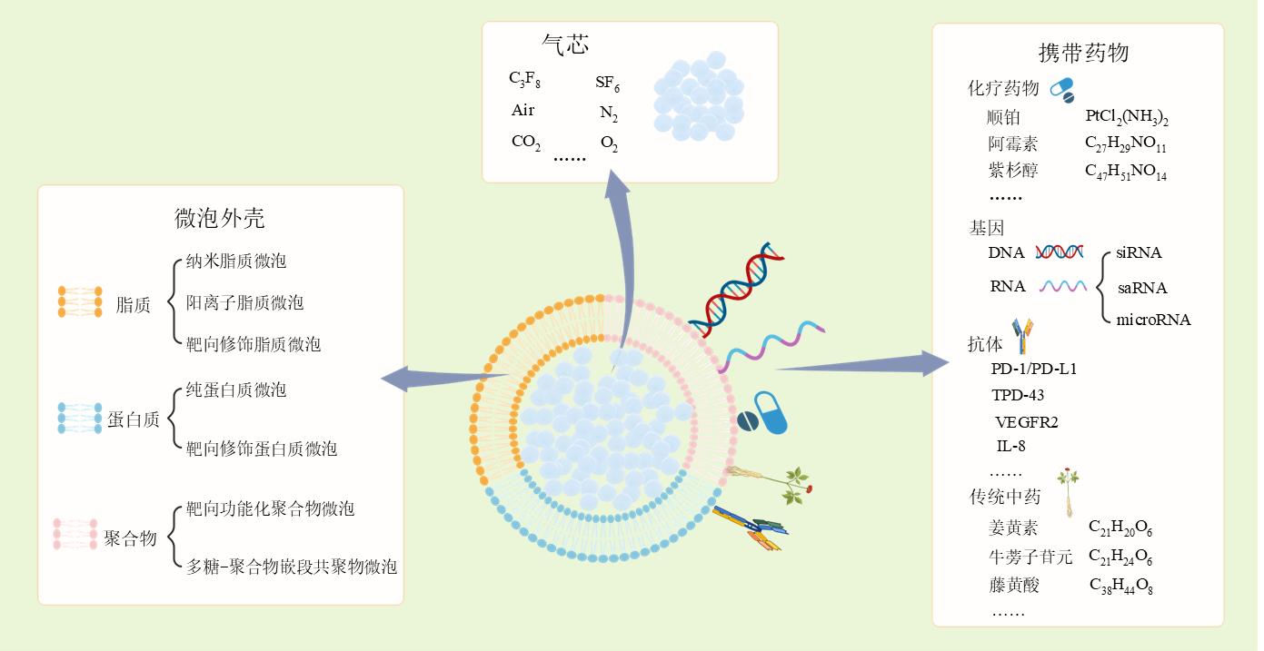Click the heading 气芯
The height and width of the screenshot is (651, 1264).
pyautogui.click(x=565, y=44)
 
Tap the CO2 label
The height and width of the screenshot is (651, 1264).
pyautogui.click(x=525, y=142)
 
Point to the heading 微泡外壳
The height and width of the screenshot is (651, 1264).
pyautogui.click(x=219, y=218)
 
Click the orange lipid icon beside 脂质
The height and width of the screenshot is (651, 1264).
pyautogui.click(x=80, y=302)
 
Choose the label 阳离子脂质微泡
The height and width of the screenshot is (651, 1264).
pyautogui.click(x=244, y=302)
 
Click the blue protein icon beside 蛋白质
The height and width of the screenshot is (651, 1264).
pyautogui.click(x=80, y=417)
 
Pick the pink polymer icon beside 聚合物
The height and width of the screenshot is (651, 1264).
pyautogui.click(x=76, y=535)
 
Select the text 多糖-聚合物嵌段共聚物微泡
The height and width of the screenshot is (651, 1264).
pyautogui.click(x=291, y=567)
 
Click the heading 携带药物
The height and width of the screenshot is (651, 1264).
pyautogui.click(x=1083, y=53)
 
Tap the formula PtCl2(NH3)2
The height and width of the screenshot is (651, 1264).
pyautogui.click(x=1126, y=118)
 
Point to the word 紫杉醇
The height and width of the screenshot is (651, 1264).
pyautogui.click(x=1012, y=170)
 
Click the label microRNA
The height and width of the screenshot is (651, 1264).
pyautogui.click(x=1152, y=320)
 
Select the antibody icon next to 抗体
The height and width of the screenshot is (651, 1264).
pyautogui.click(x=1023, y=335)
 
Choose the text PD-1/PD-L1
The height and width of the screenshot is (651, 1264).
pyautogui.click(x=1033, y=370)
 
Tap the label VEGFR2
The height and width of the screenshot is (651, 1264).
pyautogui.click(x=1027, y=422)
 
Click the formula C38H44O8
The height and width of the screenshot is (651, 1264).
pyautogui.click(x=1120, y=586)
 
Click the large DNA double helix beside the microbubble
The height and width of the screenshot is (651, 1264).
pyautogui.click(x=733, y=288)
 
